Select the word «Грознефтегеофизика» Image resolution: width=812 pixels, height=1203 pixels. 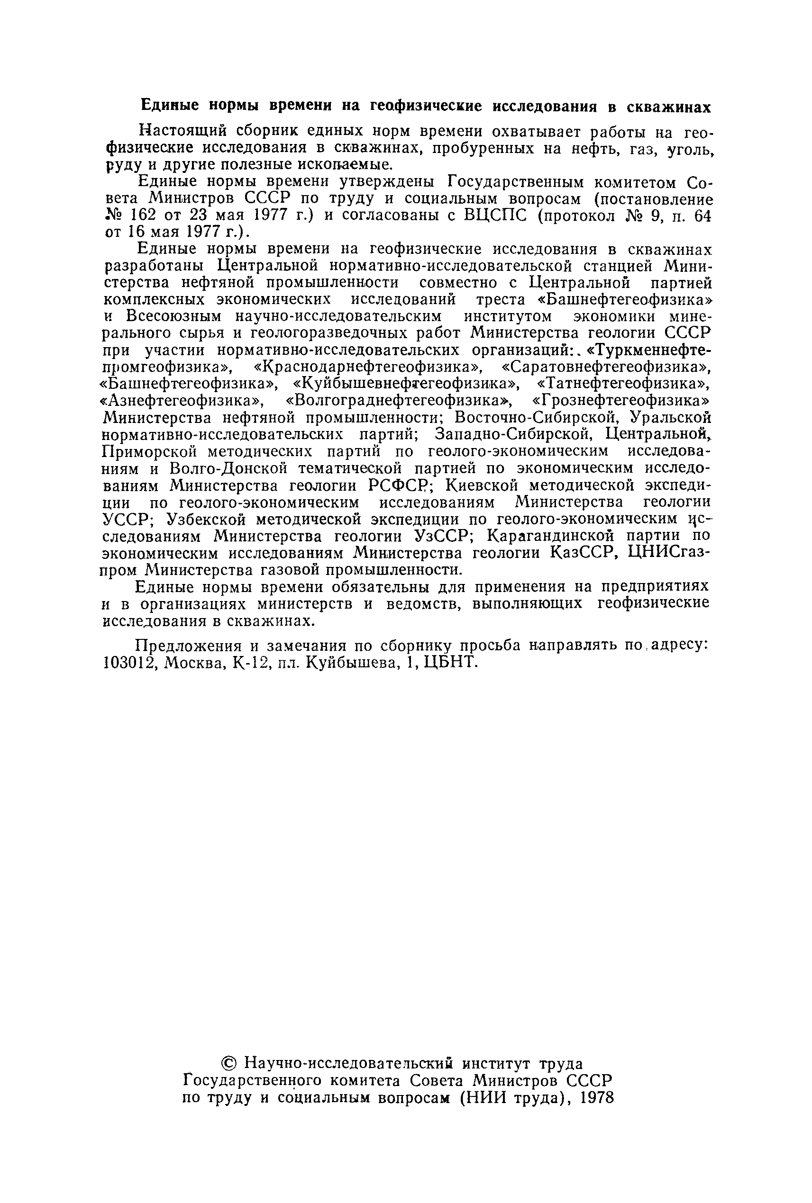click(x=621, y=401)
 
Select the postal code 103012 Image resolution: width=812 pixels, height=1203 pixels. click(x=130, y=663)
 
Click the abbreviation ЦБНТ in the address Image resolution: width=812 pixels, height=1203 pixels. click(x=448, y=663)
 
